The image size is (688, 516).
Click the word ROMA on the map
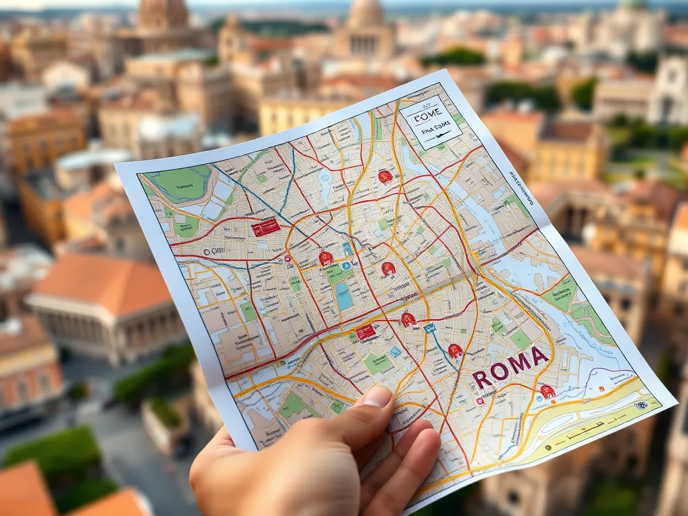(510, 368)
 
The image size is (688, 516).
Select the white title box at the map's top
(431, 122)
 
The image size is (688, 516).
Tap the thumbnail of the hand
(378, 397)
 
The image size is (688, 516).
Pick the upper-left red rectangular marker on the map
(265, 228)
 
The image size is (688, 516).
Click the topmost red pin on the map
(385, 177)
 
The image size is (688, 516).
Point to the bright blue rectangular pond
(344, 296)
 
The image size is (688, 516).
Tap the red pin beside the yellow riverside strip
(548, 392)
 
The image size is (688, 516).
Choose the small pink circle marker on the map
(288, 259)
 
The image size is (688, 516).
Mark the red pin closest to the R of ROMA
(455, 350)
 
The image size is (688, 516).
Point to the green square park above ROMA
(520, 339)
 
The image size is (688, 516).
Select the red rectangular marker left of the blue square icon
(365, 332)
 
